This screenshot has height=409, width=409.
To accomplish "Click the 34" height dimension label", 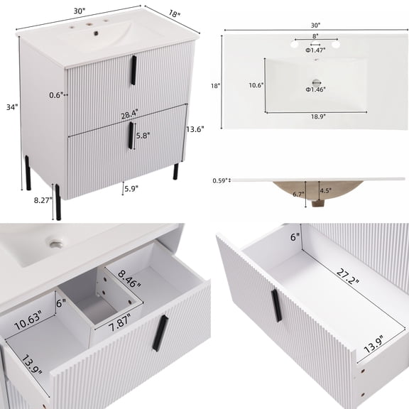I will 10,107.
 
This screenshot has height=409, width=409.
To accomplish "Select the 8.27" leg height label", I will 42,201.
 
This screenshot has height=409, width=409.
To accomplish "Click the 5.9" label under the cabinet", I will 131,189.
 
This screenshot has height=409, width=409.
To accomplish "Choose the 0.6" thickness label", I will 58,94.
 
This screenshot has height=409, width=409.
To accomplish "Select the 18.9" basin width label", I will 314,117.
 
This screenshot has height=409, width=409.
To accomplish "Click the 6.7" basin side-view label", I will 298,194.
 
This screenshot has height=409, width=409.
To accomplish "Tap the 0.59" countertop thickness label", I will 220,180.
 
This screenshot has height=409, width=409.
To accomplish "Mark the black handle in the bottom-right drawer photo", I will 276,306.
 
